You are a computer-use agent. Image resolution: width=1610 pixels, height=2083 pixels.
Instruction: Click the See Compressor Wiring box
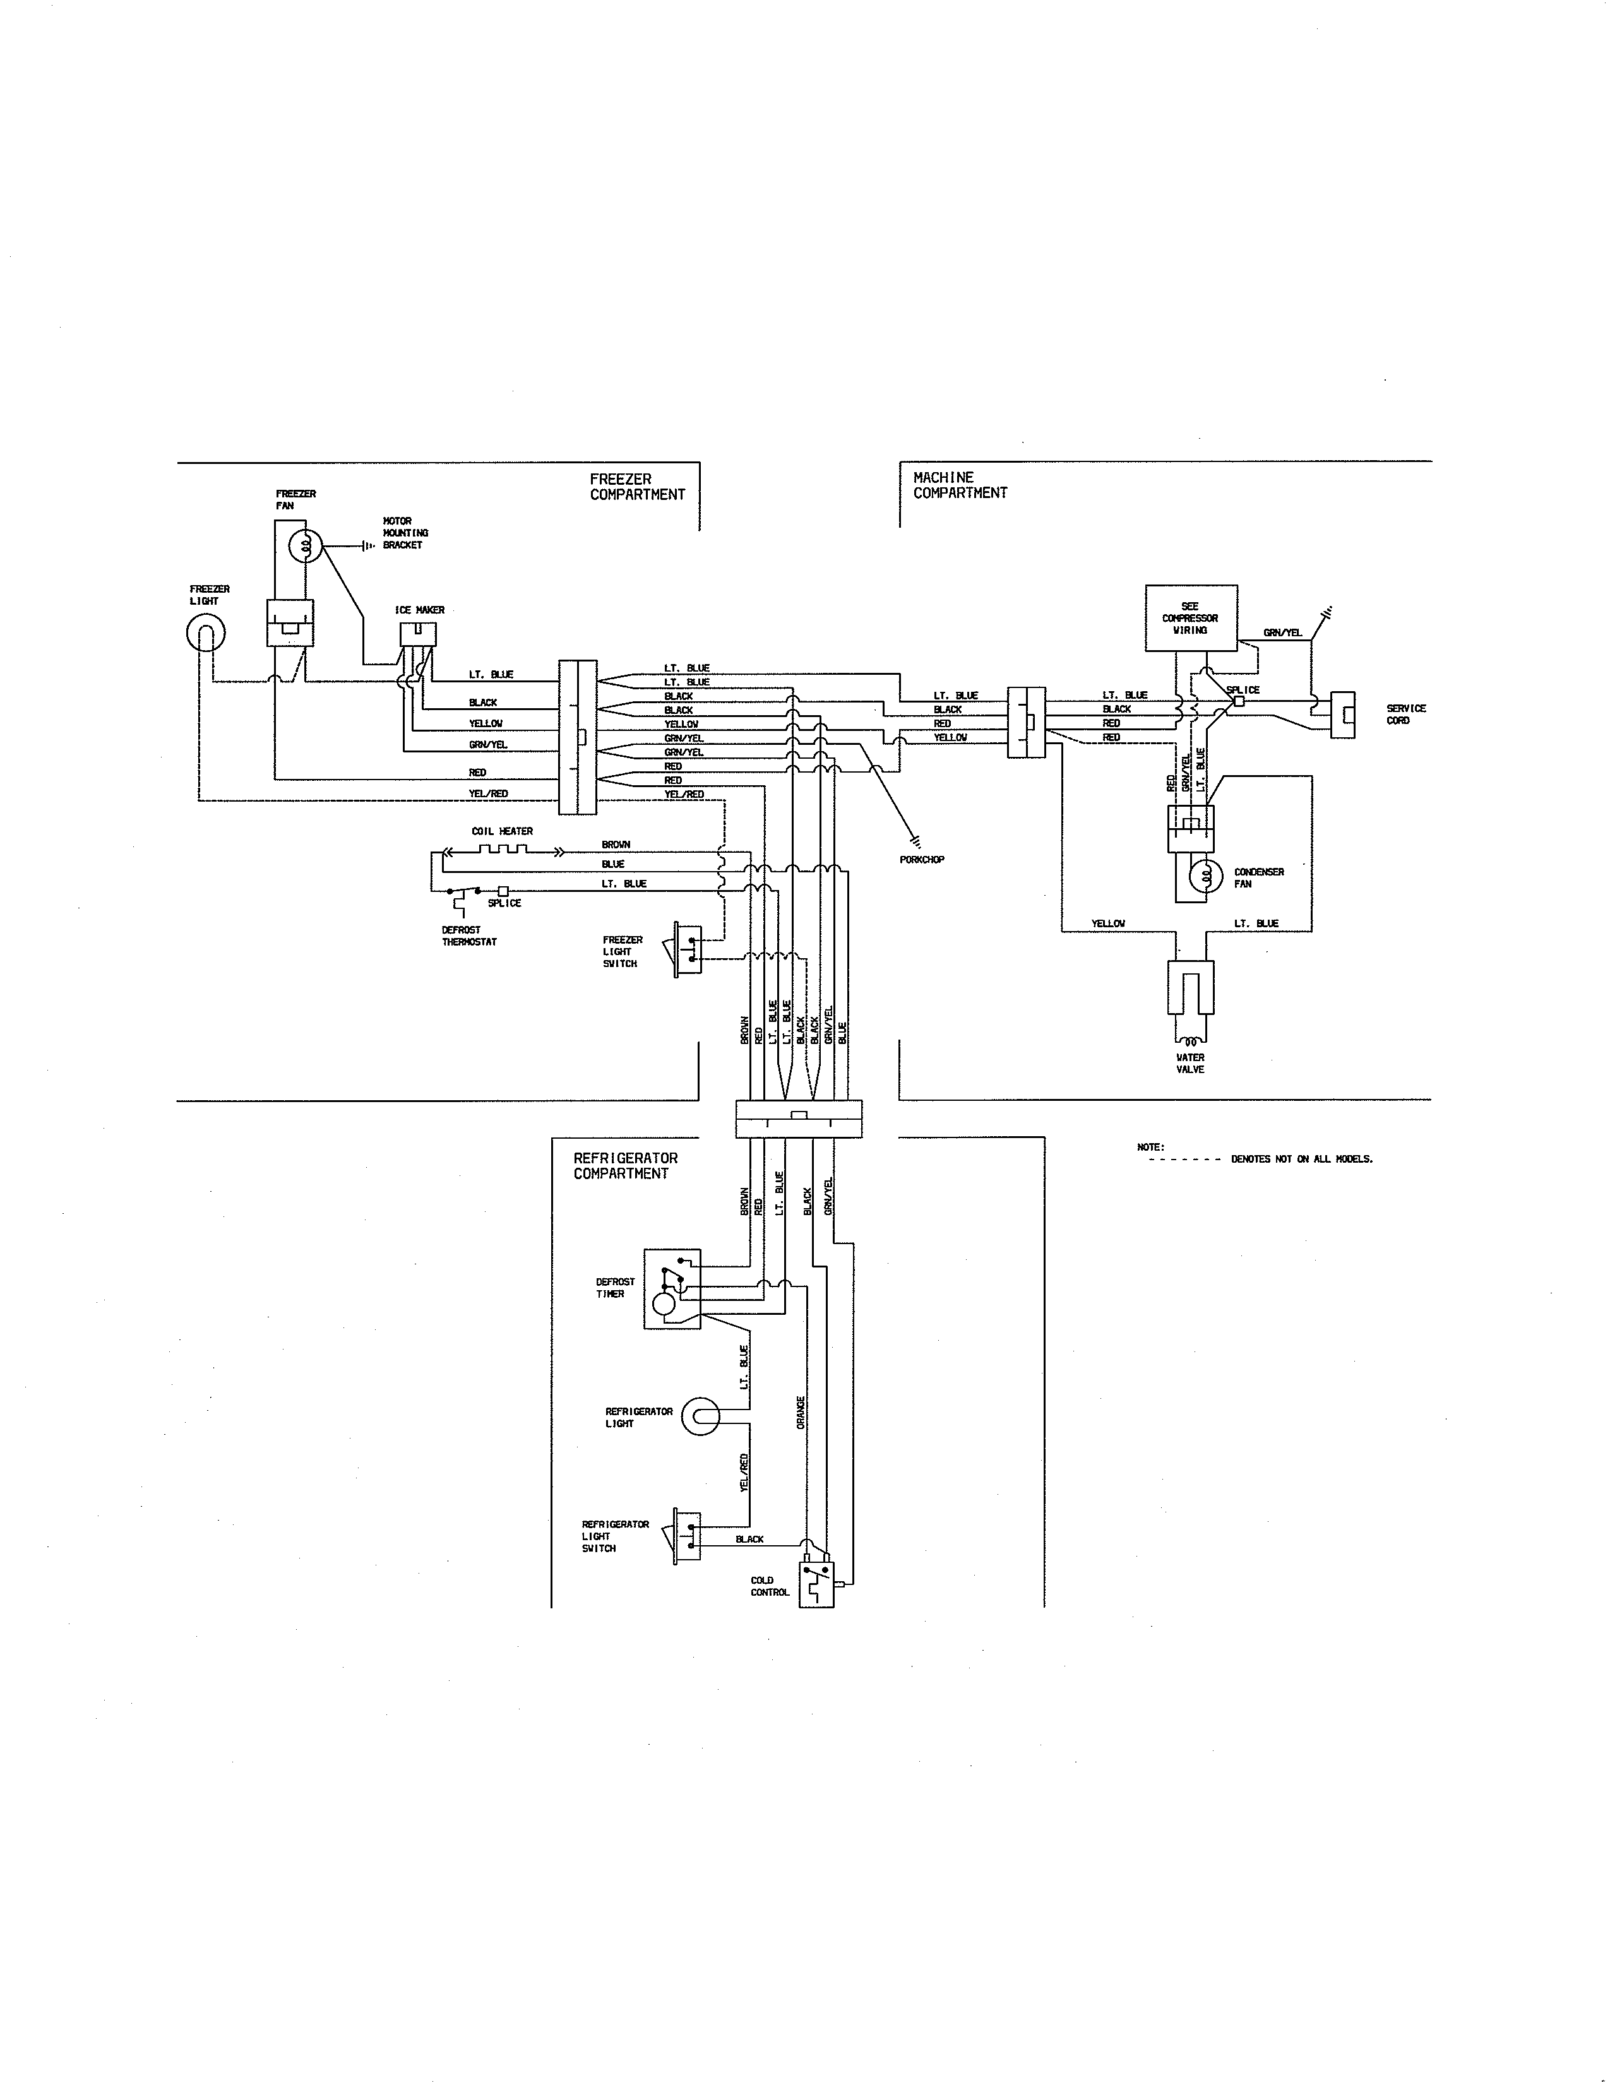(x=1190, y=618)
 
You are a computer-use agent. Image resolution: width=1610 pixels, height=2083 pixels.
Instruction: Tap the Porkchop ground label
(x=921, y=859)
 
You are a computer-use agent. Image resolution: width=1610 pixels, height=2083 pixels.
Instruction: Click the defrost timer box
(x=672, y=1288)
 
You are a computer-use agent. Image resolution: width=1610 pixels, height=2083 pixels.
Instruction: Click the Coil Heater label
(x=502, y=831)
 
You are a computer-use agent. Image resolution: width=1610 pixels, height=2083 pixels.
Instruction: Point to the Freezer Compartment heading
(x=637, y=487)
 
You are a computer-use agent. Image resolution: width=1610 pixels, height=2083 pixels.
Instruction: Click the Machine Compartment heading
(x=960, y=485)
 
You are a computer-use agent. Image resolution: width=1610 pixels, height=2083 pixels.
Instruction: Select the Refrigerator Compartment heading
(x=624, y=1165)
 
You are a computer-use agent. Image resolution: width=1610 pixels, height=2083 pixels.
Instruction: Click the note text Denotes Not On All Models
(x=1301, y=1159)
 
